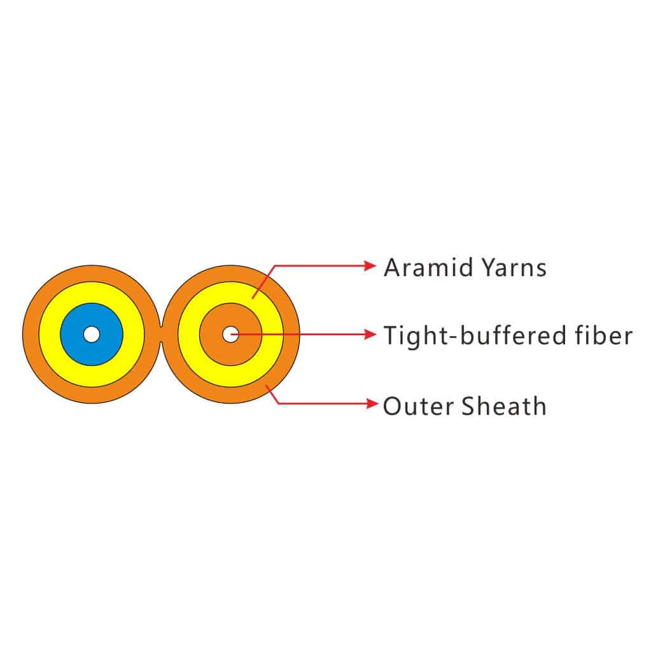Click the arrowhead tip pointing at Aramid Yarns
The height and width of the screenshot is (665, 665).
click(x=376, y=266)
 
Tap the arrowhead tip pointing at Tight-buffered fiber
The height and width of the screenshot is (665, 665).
click(x=376, y=334)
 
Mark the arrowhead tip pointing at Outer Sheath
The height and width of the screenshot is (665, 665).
click(x=377, y=403)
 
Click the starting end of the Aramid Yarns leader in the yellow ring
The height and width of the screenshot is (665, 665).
click(x=253, y=298)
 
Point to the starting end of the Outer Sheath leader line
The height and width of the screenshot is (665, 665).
click(x=267, y=386)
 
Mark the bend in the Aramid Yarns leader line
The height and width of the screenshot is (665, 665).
click(x=275, y=266)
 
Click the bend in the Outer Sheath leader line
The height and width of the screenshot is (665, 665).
click(x=278, y=403)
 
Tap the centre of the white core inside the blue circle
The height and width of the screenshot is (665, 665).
click(x=92, y=334)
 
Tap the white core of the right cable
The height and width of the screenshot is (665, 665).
click(x=230, y=334)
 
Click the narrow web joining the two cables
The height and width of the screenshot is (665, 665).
click(x=161, y=334)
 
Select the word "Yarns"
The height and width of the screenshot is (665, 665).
click(x=514, y=268)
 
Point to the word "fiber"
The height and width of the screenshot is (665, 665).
click(x=603, y=335)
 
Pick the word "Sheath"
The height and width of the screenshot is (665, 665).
click(x=504, y=405)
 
